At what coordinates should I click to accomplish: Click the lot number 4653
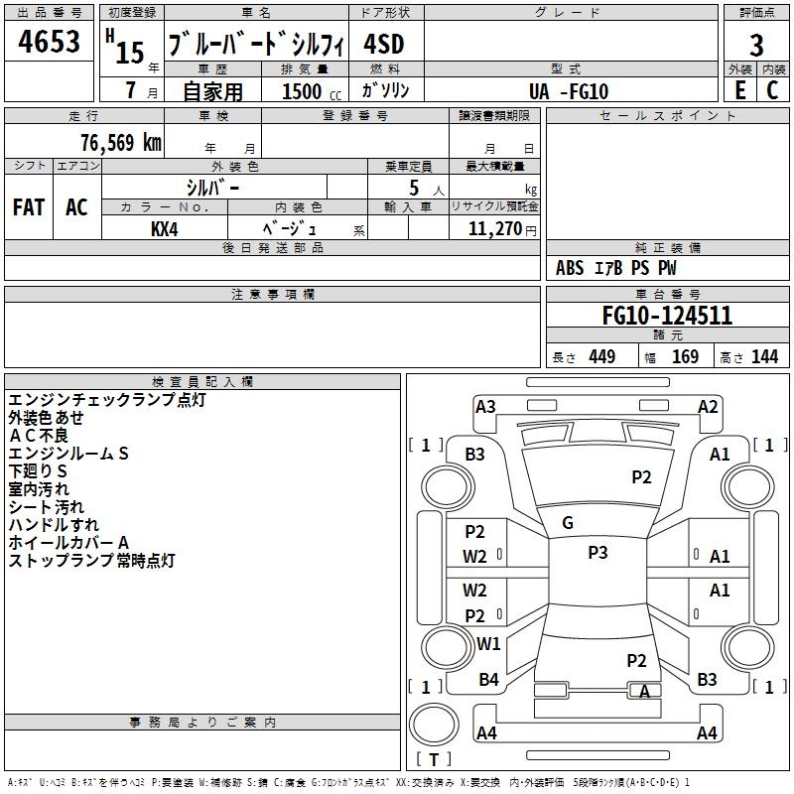click(49, 41)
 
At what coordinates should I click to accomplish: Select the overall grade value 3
click(756, 45)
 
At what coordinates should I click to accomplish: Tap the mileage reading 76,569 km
click(121, 143)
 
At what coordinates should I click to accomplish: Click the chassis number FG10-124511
click(667, 316)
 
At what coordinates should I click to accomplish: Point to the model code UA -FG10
click(568, 91)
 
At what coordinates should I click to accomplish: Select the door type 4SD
click(384, 44)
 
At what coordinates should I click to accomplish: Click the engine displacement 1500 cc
click(312, 91)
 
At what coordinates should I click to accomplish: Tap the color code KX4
click(165, 229)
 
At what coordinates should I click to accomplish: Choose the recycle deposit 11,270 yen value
click(502, 229)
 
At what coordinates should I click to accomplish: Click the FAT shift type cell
click(29, 207)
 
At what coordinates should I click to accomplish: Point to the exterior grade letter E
click(739, 90)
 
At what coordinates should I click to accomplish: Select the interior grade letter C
click(772, 90)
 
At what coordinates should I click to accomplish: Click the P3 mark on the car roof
click(597, 553)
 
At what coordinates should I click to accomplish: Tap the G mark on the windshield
click(568, 523)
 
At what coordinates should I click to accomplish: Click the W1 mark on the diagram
click(488, 643)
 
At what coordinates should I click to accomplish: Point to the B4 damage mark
click(488, 679)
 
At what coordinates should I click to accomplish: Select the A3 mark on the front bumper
click(485, 407)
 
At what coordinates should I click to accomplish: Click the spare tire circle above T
click(434, 725)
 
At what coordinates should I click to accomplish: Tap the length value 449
click(602, 357)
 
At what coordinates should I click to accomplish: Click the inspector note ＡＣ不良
click(39, 436)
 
